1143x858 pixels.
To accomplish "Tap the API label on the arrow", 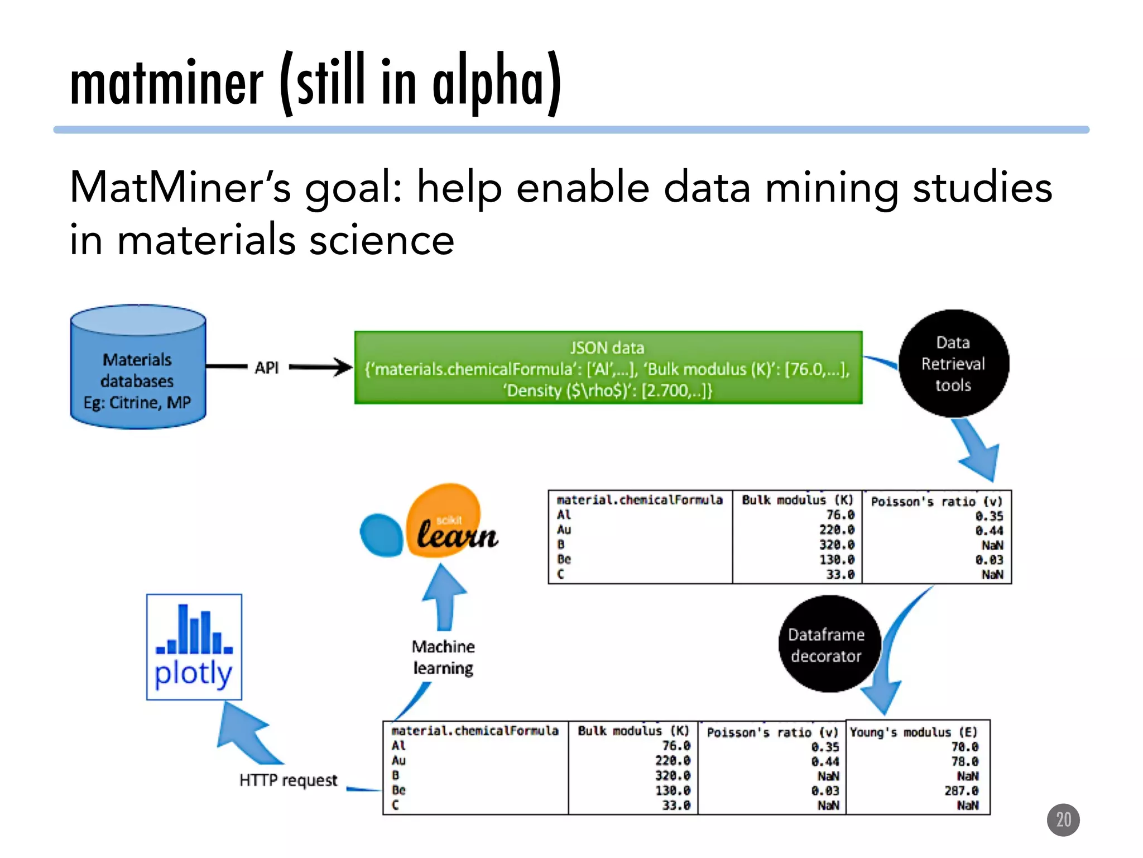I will pyautogui.click(x=267, y=368).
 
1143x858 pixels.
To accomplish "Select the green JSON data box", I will pyautogui.click(x=608, y=368).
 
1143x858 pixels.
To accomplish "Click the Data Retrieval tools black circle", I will pyautogui.click(x=953, y=364).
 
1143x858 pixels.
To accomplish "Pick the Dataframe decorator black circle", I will pyautogui.click(x=827, y=645).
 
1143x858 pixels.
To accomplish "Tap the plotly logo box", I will pyautogui.click(x=194, y=647).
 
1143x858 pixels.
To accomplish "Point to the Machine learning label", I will pyautogui.click(x=443, y=657).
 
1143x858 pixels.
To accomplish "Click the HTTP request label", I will pyautogui.click(x=289, y=780).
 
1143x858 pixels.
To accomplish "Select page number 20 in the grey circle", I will pyautogui.click(x=1063, y=820).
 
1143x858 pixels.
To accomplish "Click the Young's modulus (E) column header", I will pyautogui.click(x=914, y=732).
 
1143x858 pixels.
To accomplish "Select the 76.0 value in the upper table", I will pyautogui.click(x=840, y=515).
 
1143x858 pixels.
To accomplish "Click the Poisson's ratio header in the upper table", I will pyautogui.click(x=937, y=502).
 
